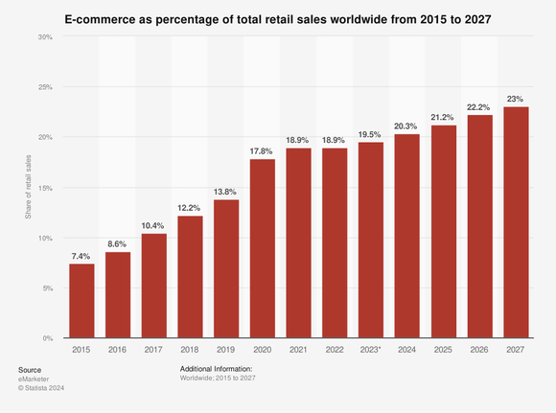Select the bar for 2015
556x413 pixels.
click(81, 301)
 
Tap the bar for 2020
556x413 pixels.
click(262, 249)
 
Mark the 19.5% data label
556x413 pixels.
click(370, 133)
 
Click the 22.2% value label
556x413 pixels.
click(478, 105)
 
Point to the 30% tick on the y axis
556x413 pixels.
click(45, 36)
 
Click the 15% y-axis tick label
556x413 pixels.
click(45, 188)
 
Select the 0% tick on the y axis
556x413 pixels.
click(47, 338)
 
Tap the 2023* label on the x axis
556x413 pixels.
click(370, 351)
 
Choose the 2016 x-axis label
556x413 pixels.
click(118, 351)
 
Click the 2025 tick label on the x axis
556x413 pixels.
click(442, 351)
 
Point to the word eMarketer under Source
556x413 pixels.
click(35, 379)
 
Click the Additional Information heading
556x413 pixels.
click(216, 368)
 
